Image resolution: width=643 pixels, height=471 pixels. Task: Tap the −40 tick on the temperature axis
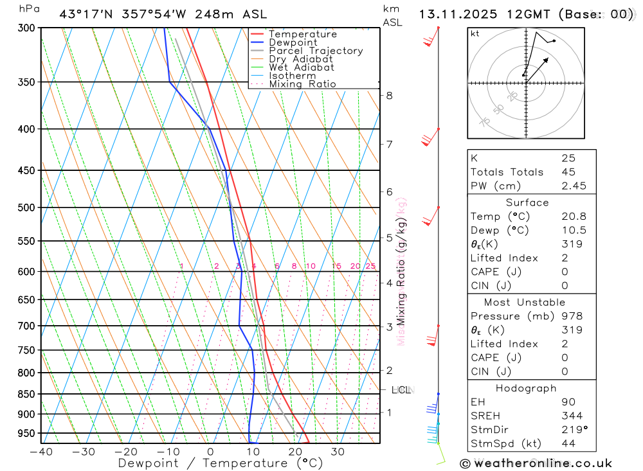(x=41, y=452)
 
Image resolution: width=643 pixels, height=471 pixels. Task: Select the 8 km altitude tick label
(x=390, y=96)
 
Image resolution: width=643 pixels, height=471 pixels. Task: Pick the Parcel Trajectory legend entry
(x=316, y=51)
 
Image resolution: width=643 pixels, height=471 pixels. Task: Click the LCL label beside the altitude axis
(x=401, y=389)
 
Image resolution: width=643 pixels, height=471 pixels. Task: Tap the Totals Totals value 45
(x=568, y=172)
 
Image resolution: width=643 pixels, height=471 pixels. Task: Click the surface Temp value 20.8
(x=574, y=217)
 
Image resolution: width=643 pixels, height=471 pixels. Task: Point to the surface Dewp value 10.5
(x=574, y=230)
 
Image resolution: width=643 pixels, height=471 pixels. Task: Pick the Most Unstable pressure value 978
(x=571, y=316)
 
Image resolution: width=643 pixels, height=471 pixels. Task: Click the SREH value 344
(x=571, y=416)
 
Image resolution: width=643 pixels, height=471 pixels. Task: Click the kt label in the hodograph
(x=475, y=33)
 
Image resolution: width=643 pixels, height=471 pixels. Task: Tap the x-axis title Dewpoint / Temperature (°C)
(x=210, y=463)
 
